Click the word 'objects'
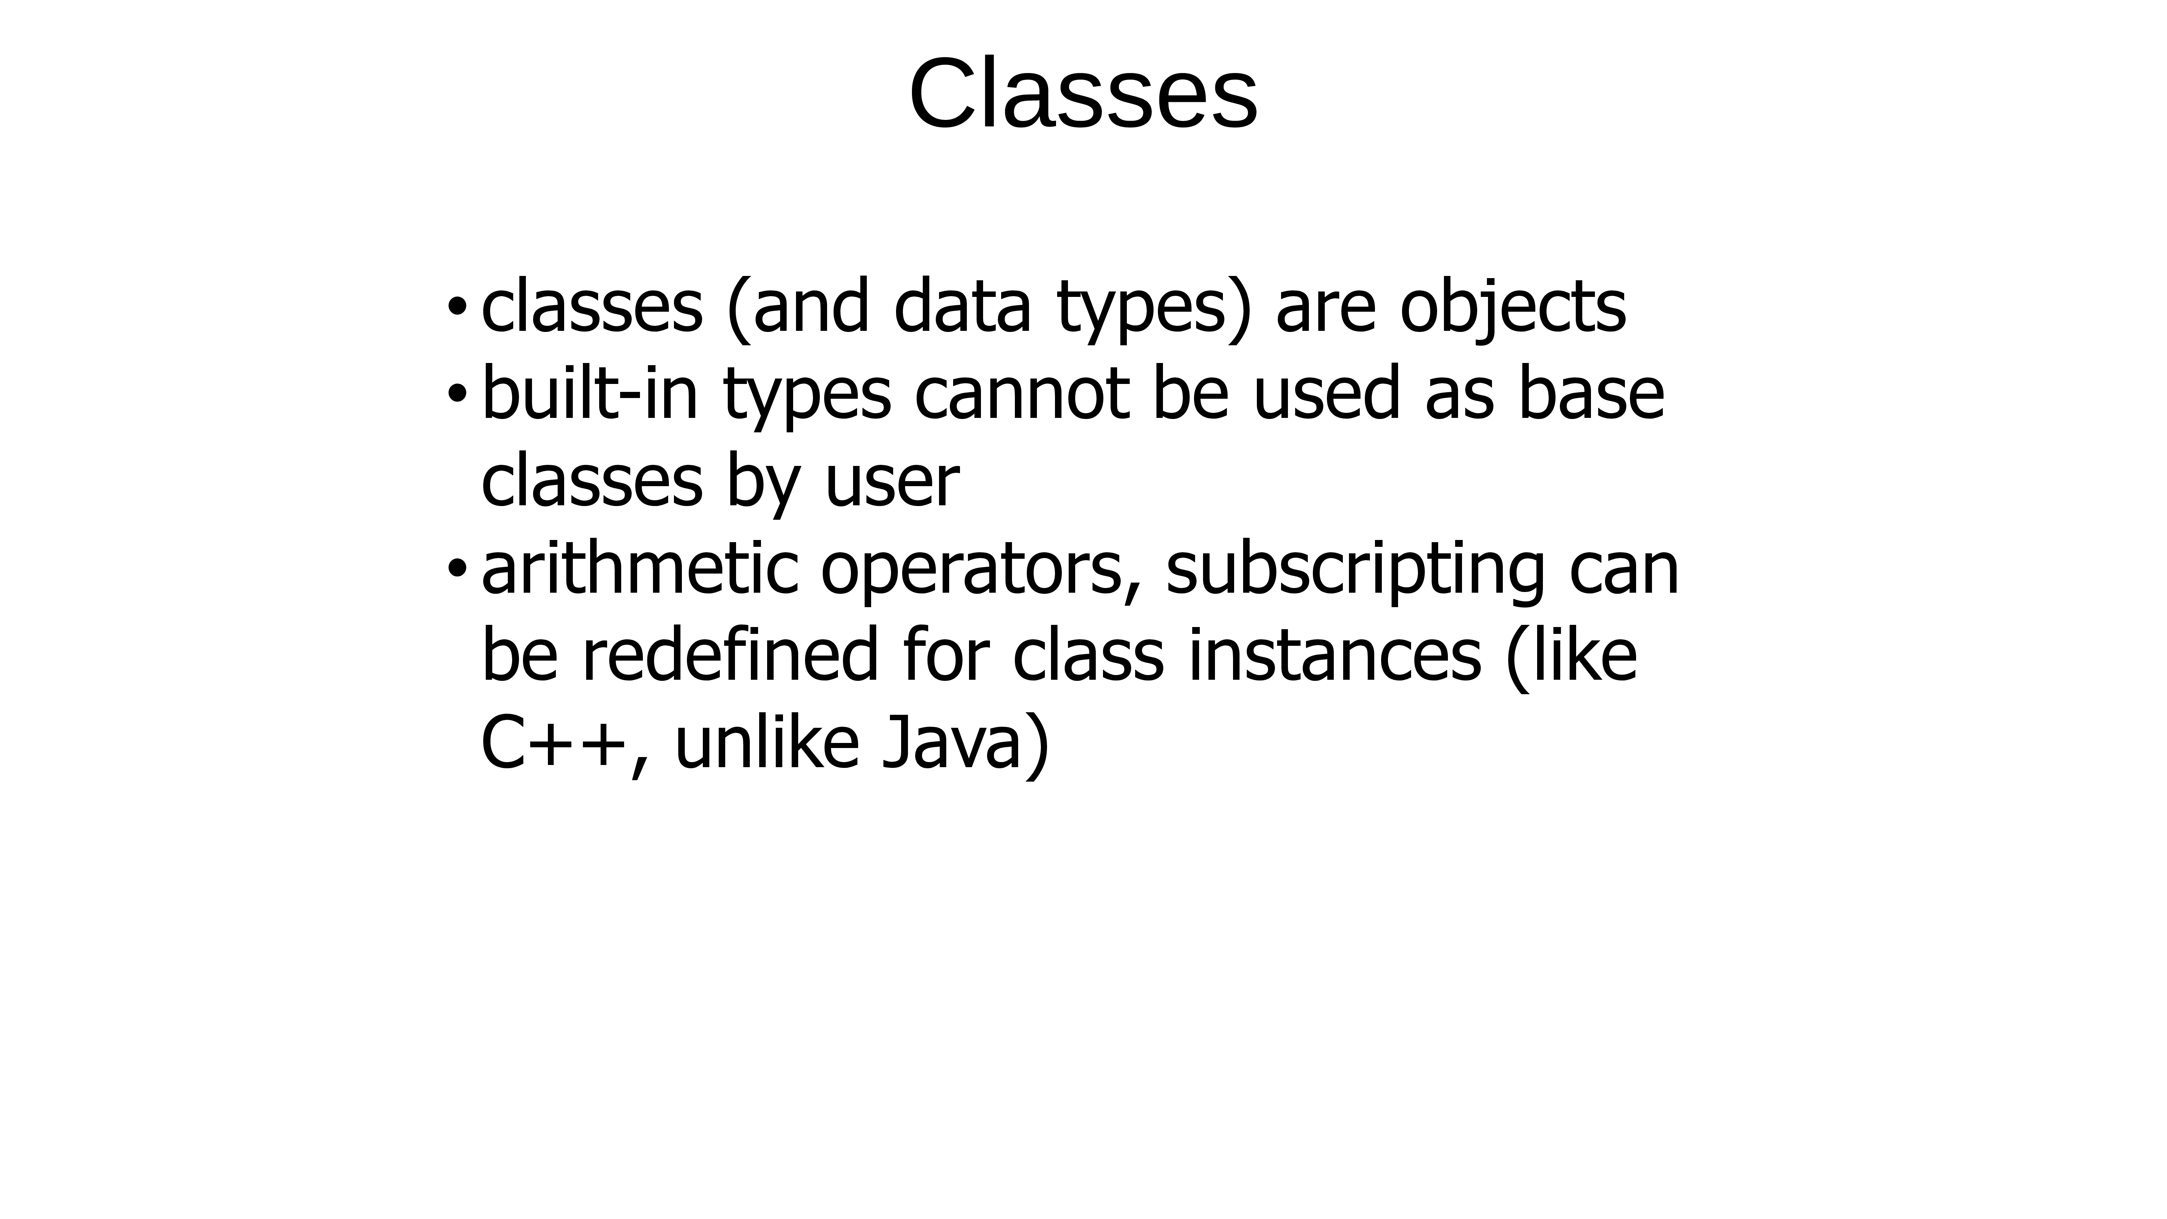point(1513,310)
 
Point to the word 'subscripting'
point(1355,572)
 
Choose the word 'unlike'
point(766,743)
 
